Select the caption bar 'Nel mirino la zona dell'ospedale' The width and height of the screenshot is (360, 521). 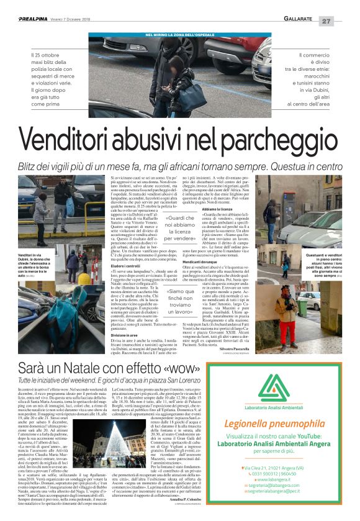click(x=179, y=34)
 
